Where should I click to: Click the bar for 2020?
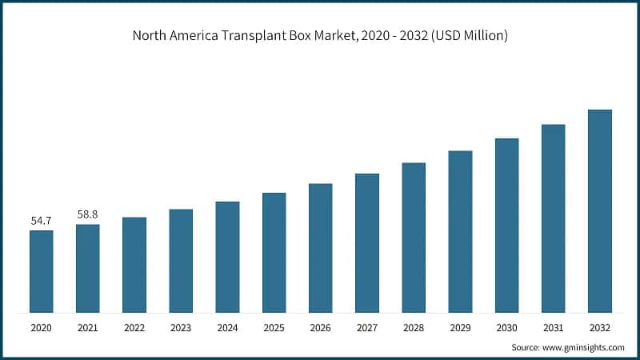42,271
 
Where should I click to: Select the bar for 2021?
88,268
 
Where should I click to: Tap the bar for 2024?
227,257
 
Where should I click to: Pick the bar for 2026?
320,248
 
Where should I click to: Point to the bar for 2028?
413,238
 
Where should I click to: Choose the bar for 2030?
506,225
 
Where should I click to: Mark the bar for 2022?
134,265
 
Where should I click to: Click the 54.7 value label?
42,220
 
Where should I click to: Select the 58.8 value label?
88,214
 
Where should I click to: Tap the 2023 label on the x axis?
181,328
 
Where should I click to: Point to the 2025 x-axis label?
274,328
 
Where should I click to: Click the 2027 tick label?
366,328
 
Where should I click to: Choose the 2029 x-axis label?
460,328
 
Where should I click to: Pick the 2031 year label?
553,328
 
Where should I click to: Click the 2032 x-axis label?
599,328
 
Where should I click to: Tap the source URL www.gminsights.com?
583,347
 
